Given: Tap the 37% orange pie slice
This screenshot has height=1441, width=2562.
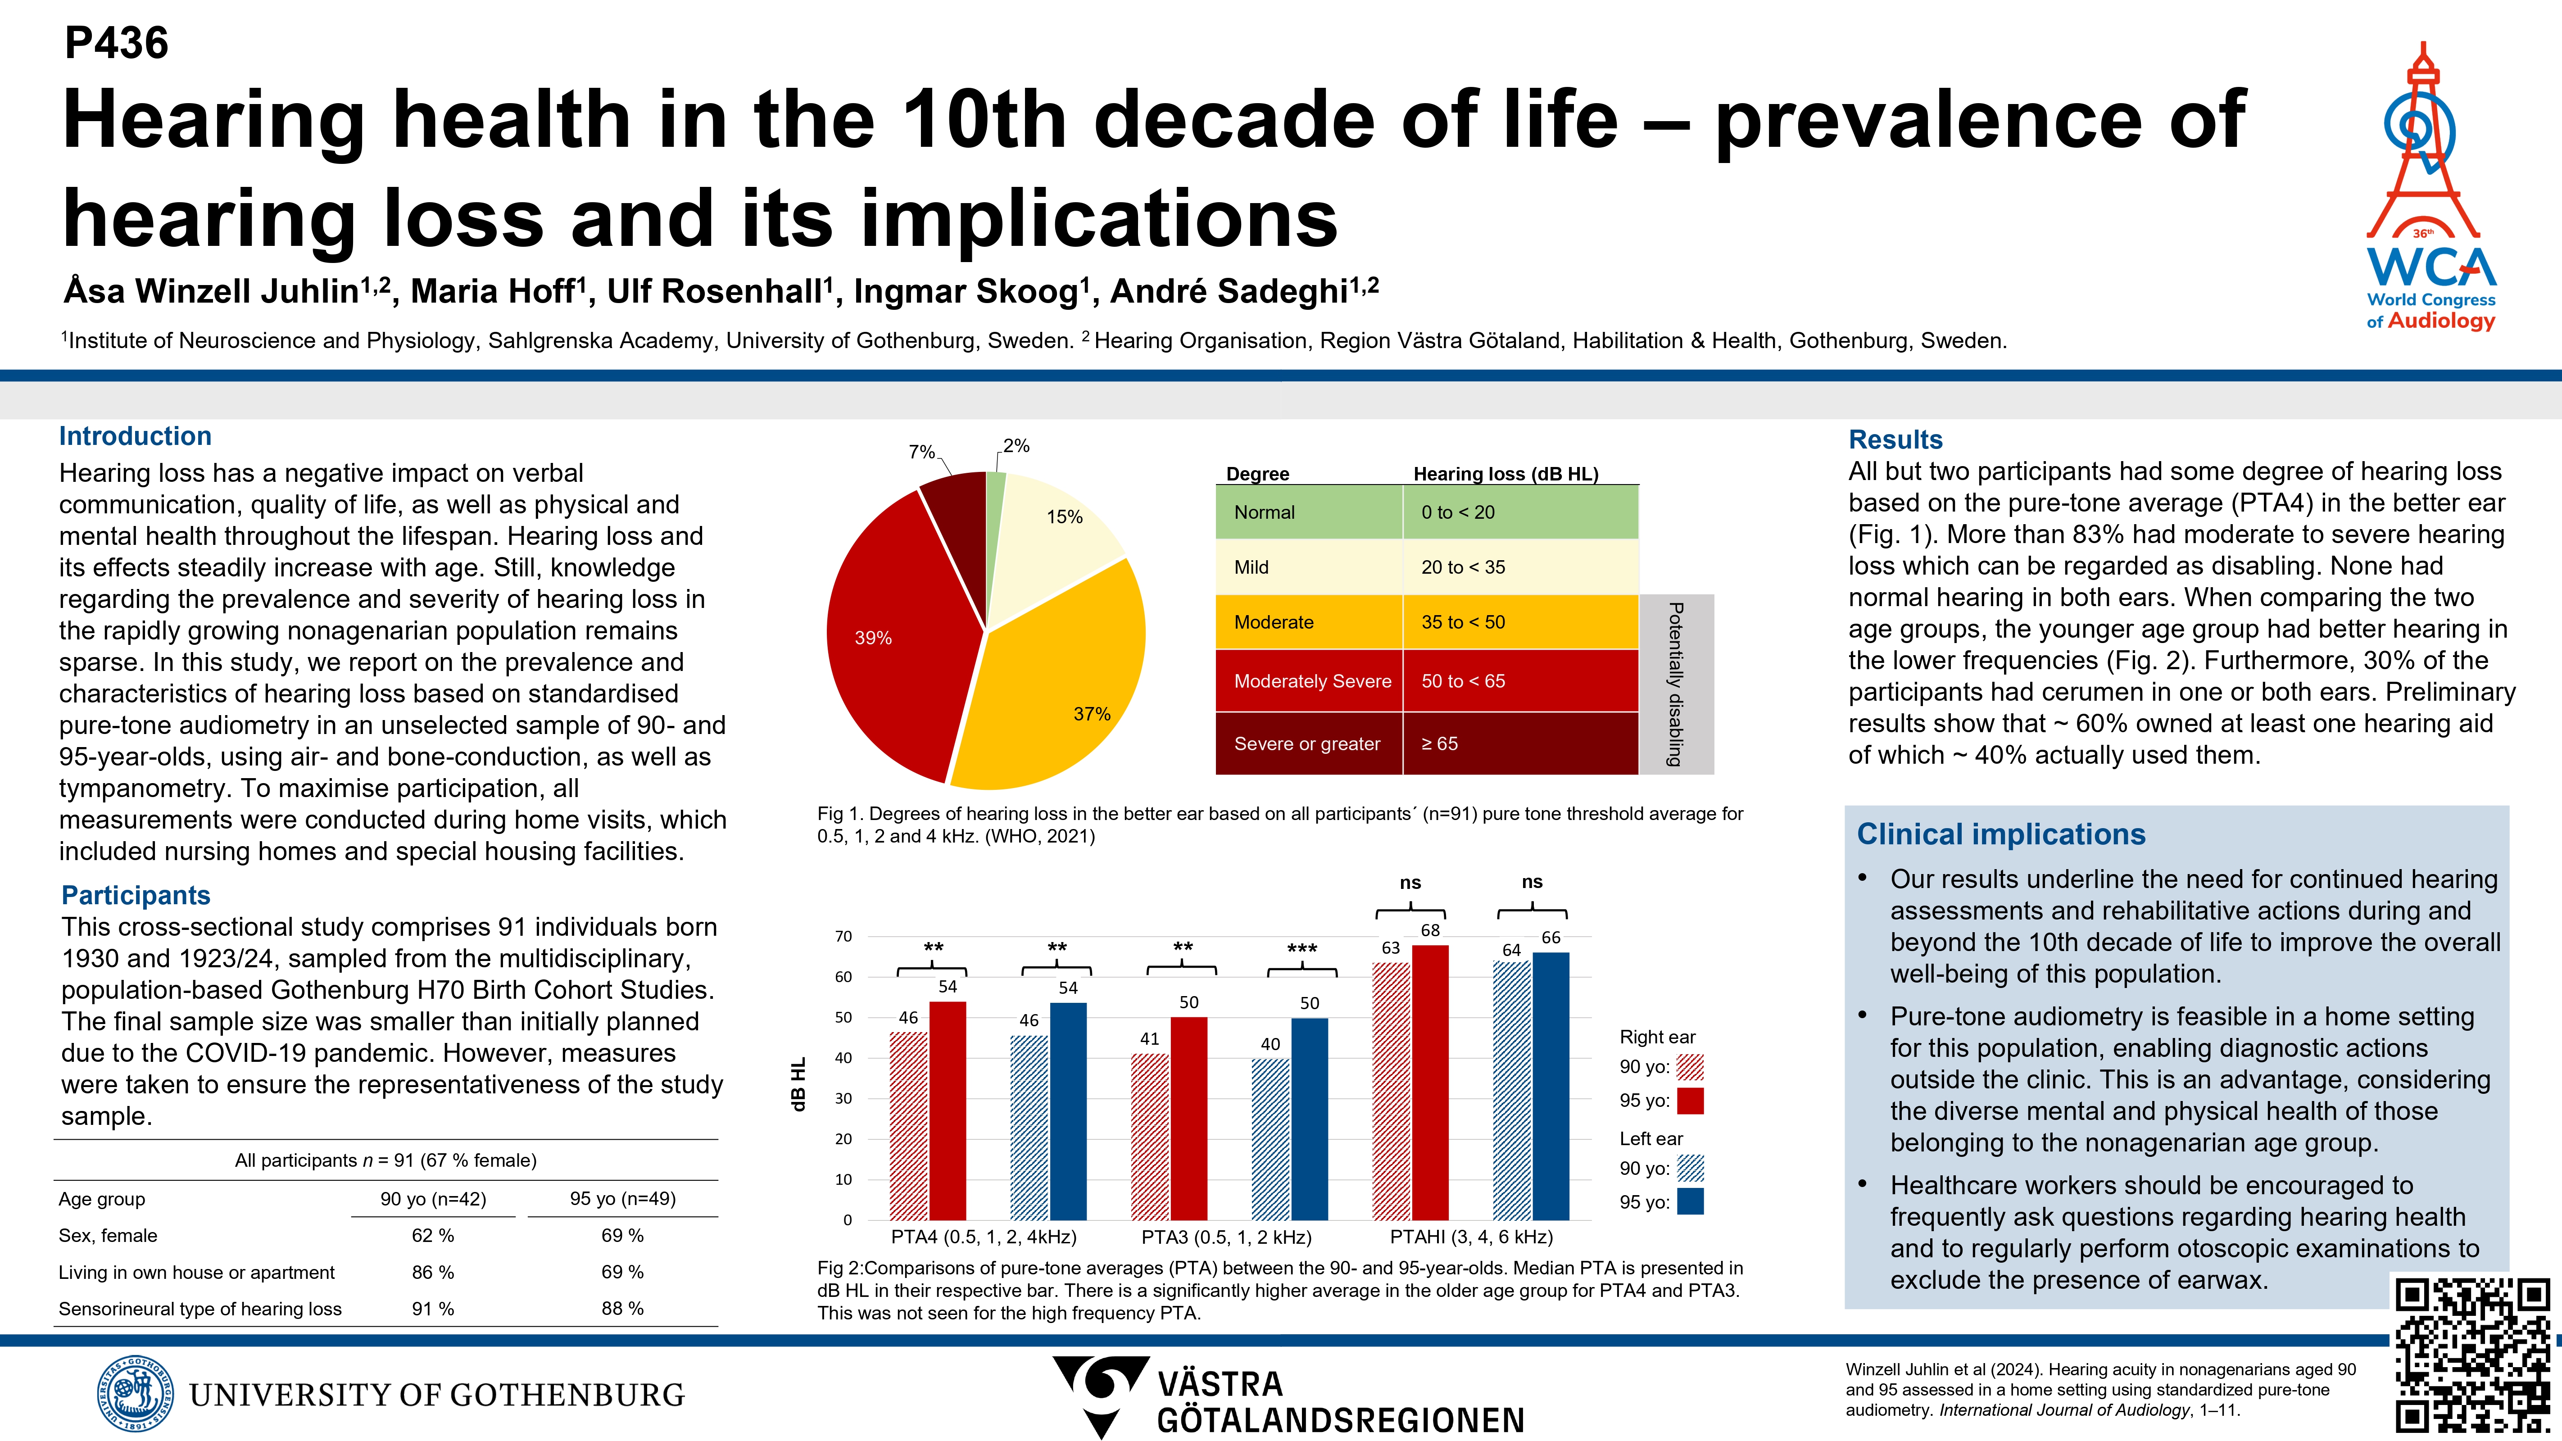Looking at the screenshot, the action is click(x=1054, y=686).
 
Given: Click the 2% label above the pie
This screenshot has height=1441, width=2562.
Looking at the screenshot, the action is click(x=1016, y=445).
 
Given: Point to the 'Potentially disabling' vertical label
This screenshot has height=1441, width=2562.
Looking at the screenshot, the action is click(x=1676, y=684).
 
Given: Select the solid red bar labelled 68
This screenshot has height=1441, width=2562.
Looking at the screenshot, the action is click(x=1430, y=1082).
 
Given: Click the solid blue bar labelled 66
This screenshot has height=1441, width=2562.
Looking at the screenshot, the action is click(x=1551, y=1086).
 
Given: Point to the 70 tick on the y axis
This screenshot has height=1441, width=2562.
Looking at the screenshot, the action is click(x=843, y=936).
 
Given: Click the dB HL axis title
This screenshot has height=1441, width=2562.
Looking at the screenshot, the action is click(x=798, y=1084).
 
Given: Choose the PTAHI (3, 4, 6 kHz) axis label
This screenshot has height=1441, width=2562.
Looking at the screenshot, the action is click(x=1471, y=1236).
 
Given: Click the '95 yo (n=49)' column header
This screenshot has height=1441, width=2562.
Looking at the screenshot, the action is click(x=622, y=1198).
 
